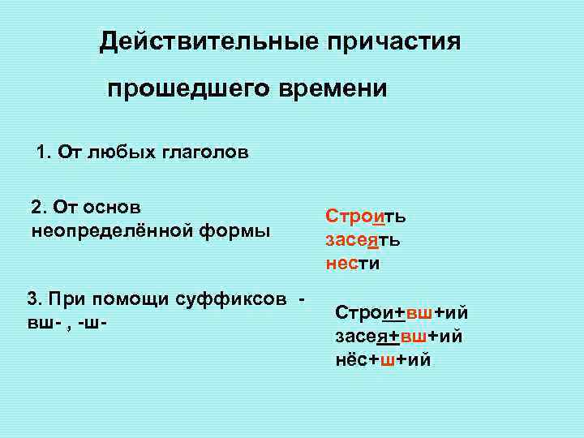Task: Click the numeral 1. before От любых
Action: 44,153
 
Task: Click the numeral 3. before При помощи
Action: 35,298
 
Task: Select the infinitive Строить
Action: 366,217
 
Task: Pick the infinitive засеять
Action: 362,240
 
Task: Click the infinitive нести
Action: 353,263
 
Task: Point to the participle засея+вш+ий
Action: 399,336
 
